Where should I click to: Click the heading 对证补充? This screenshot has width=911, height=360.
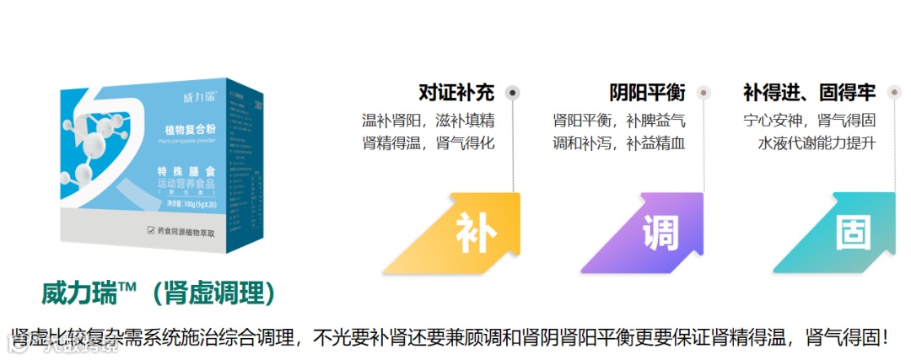(456, 93)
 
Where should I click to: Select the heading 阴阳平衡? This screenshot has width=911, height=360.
(647, 93)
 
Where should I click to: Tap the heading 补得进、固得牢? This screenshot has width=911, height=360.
(809, 93)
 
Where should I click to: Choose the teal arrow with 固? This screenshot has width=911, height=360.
(849, 233)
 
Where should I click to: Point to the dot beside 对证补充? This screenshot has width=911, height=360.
(512, 93)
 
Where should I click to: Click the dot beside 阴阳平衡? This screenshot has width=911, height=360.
(704, 93)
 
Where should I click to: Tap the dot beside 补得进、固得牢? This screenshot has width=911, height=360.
(893, 93)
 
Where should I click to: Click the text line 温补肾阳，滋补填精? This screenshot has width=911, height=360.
(428, 121)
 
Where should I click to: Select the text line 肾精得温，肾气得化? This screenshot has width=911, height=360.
(428, 143)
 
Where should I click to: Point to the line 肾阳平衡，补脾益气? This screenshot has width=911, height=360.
(619, 121)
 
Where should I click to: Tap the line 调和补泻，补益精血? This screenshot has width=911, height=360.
(619, 143)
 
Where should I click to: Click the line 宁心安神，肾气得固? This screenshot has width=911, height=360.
(809, 121)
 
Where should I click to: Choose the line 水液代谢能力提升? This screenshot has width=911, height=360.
(817, 143)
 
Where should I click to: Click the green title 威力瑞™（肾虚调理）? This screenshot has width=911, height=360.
(159, 293)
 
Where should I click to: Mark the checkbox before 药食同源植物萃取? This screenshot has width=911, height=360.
(151, 229)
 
